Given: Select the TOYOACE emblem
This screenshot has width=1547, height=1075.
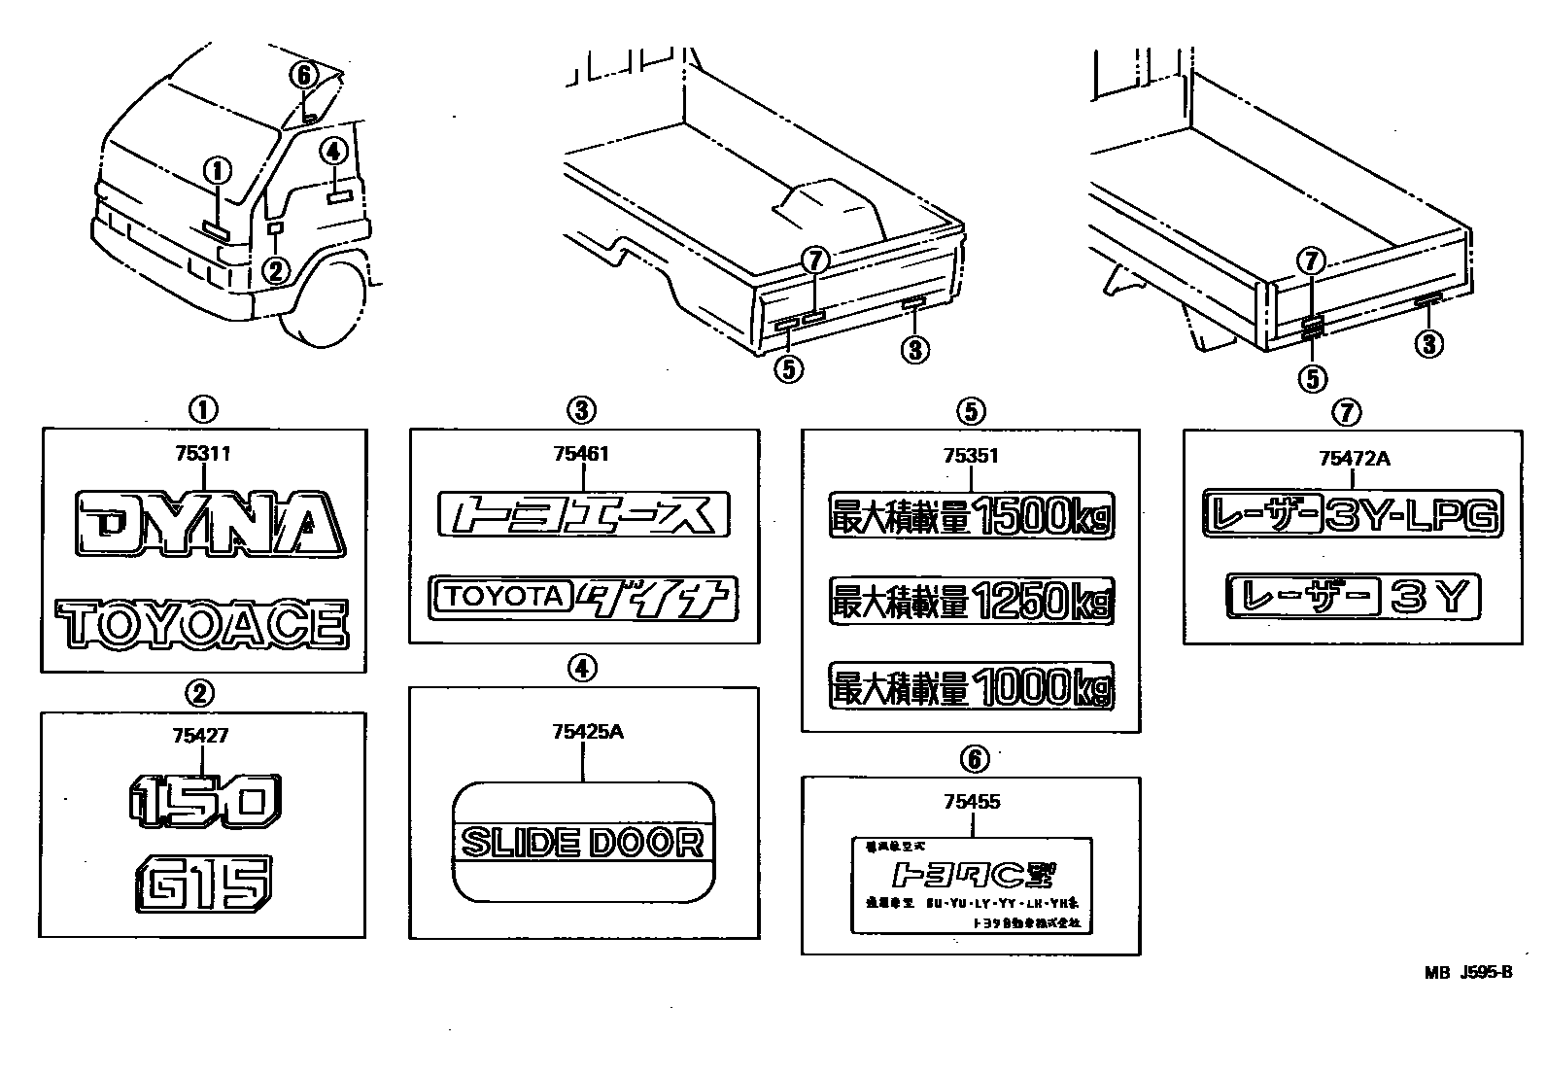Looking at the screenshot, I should pos(202,625).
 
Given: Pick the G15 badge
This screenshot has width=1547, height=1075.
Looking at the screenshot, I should pos(203,883).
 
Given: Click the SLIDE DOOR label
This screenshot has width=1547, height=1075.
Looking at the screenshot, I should pos(583,842).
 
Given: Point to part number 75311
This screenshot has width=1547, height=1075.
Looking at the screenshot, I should pos(202,453).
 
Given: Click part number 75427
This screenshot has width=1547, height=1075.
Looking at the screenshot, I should pos(200,736).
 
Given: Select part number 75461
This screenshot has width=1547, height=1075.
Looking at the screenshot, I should pos(581,453).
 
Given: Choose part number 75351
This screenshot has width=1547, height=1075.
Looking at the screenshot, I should pos(971,456).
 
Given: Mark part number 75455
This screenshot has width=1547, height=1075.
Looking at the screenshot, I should pos(971,802).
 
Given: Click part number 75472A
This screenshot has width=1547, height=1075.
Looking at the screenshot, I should pos(1354,458).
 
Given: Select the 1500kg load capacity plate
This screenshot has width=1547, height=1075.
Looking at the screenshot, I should pos(971,515).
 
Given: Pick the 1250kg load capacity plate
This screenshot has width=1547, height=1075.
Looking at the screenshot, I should pos(971,602).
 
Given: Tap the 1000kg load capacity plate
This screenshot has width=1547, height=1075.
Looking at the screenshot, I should pos(971,686).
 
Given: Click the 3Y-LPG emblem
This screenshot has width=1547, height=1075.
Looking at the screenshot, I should pos(1352,514).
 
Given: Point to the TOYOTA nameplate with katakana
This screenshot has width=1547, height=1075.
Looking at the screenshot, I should pos(583,598).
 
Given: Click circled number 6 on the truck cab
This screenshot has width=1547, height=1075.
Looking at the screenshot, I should pos(303,74).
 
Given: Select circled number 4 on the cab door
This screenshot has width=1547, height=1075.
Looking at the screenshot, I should pos(332,151).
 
